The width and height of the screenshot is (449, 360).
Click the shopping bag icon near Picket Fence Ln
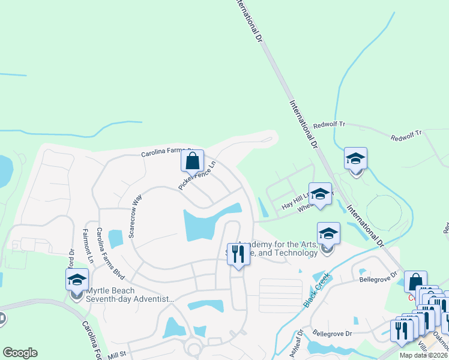(192, 160)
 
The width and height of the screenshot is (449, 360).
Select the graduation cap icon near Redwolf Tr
(355, 158)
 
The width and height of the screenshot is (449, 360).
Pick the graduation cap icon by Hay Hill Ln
(320, 194)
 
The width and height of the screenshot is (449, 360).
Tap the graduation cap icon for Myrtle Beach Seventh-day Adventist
(77, 279)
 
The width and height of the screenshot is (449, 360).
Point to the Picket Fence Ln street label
(196, 175)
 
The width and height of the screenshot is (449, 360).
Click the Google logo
(19, 353)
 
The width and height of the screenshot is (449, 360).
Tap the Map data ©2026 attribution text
(423, 355)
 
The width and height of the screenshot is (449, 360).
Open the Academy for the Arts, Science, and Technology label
(276, 249)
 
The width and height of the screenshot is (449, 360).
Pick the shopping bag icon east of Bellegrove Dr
(415, 281)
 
